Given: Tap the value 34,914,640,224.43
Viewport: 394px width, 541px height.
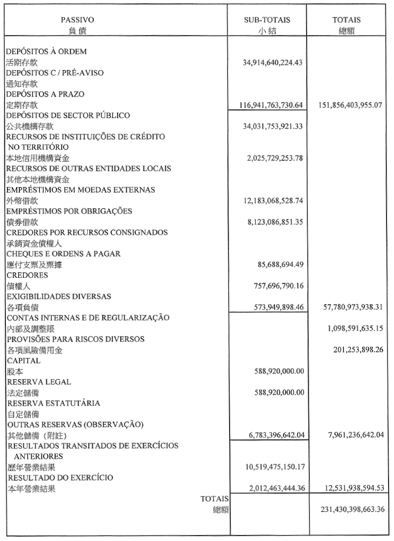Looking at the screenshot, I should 273,63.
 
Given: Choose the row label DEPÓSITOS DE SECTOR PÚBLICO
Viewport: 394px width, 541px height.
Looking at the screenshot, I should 68,115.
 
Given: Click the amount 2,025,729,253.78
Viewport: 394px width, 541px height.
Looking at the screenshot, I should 273,158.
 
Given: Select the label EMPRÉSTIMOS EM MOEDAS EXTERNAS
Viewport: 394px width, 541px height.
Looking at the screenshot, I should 80,190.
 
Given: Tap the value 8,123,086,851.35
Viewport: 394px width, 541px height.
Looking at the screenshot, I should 273,222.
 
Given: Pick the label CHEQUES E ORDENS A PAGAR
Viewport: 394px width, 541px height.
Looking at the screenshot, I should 63,254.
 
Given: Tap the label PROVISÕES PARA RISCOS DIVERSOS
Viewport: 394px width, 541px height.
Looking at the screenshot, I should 75,339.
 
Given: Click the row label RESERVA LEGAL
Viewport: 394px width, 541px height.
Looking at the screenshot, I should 39,381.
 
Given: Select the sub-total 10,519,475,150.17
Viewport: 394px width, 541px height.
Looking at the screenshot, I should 273,467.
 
